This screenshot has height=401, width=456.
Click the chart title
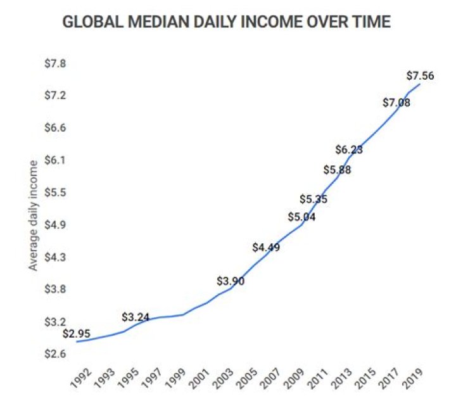tap(226, 22)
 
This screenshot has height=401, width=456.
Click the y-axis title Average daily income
tap(34, 215)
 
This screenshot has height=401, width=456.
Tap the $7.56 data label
tap(420, 76)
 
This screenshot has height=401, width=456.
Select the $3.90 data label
tap(231, 281)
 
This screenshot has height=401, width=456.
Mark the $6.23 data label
tap(349, 150)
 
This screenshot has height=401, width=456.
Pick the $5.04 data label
tap(301, 217)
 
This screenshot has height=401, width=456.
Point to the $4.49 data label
tap(266, 247)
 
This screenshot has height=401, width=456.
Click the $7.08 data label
tap(396, 103)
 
